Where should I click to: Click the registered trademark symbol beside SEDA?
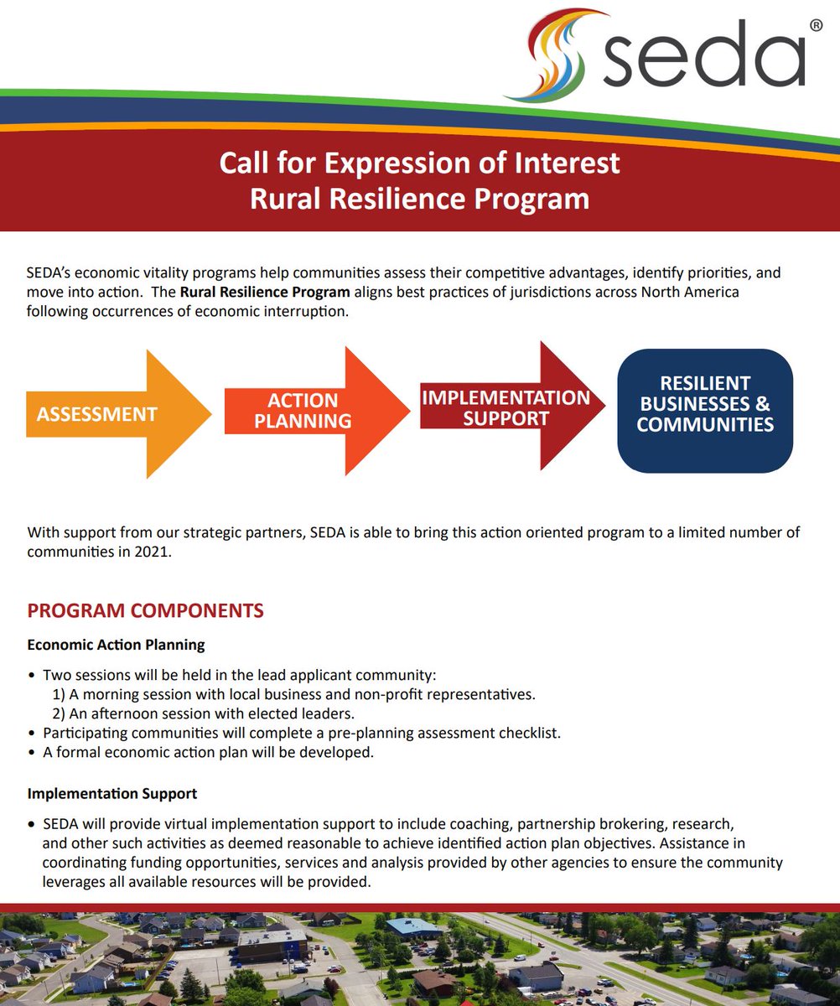[816, 26]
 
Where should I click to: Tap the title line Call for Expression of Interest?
[419, 162]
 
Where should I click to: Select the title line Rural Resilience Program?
[419, 200]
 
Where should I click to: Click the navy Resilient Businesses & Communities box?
[705, 410]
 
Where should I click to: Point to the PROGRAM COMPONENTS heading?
[145, 610]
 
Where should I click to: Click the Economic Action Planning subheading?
[116, 645]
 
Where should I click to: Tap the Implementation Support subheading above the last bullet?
[112, 792]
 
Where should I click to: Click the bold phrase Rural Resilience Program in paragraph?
[265, 293]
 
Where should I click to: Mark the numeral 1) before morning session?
[59, 694]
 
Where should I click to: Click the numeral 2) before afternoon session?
[59, 713]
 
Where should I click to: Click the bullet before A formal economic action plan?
[32, 752]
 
